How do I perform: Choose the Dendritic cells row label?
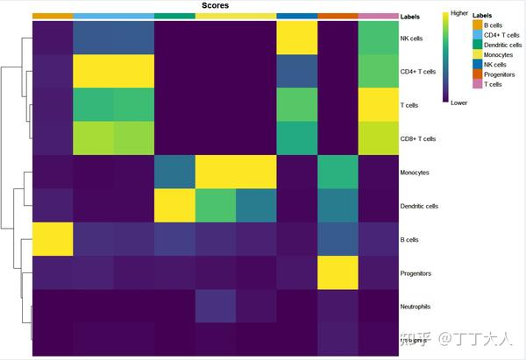tap(420, 205)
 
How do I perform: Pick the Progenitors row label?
tap(416, 272)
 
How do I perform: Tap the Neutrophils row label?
tap(416, 306)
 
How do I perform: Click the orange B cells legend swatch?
tap(477, 25)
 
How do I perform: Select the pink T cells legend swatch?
tap(477, 84)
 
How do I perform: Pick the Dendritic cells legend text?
tap(503, 45)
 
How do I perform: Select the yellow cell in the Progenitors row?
tap(338, 272)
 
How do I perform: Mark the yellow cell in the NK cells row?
tap(296, 39)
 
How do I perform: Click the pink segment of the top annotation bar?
tap(377, 16)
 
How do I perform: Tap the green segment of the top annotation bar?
tap(174, 16)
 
